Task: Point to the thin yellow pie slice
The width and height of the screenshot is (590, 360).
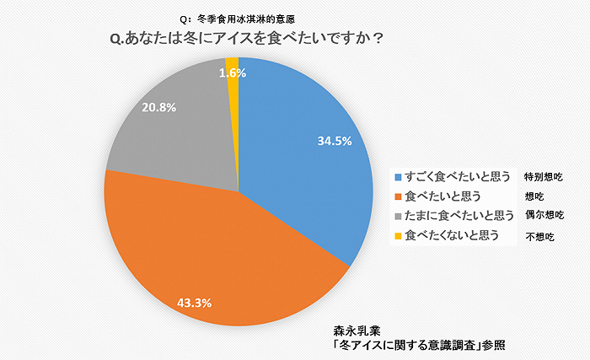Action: pos(233,63)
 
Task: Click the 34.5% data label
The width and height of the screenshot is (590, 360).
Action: pos(334,141)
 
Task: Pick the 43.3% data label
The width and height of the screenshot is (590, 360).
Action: pos(194,301)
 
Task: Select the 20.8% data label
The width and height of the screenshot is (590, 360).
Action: pos(159,108)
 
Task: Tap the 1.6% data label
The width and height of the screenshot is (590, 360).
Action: pos(232,73)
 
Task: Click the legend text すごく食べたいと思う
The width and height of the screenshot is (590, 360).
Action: pos(458,178)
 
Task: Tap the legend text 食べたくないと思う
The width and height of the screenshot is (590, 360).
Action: pos(453,234)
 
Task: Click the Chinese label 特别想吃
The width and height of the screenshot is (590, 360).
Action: pos(543,178)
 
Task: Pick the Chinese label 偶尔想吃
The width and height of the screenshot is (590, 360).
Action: pos(543,216)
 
